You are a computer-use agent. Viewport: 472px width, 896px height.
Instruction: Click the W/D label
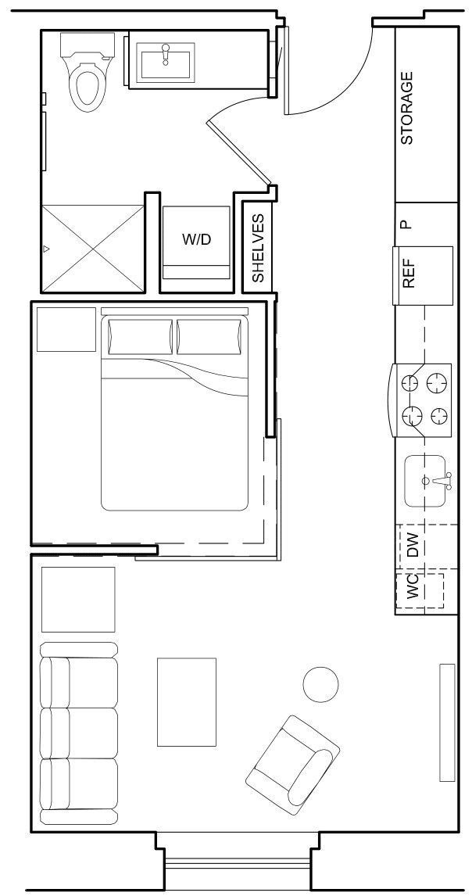(196, 239)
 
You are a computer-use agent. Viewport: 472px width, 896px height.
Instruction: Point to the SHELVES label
(258, 249)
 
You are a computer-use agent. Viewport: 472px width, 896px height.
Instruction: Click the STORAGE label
(406, 109)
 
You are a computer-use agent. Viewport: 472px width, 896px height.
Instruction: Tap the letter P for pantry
(405, 224)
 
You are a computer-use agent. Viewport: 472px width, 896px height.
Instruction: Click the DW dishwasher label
(414, 544)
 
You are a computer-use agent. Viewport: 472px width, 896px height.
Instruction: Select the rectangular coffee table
(187, 701)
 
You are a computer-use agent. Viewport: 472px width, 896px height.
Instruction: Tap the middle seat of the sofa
(78, 733)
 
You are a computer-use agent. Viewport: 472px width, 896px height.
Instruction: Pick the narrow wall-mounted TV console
(447, 722)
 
